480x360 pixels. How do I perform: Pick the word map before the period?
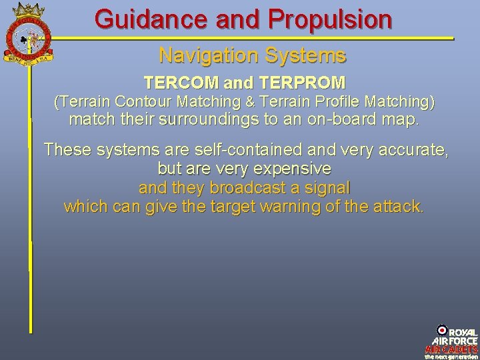[x=399, y=121]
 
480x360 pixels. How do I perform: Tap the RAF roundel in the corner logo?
[x=441, y=329]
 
